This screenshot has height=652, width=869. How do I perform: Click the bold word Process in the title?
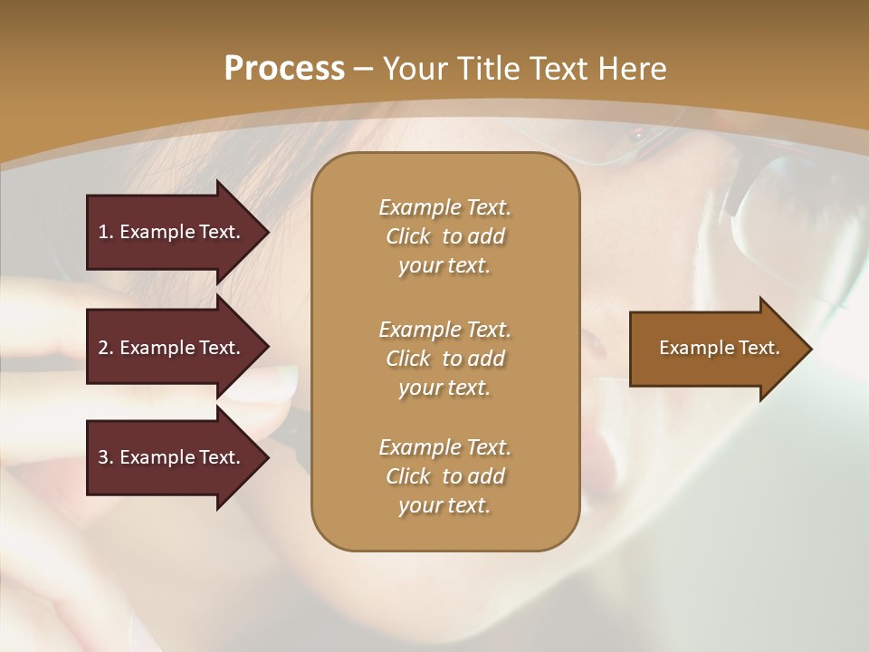(284, 69)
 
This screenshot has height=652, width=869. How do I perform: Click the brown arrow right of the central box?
(715, 349)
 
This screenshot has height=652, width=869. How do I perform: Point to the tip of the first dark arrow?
(267, 232)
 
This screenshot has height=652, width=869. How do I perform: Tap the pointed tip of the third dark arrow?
(267, 457)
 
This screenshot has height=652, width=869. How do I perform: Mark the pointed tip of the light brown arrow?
(810, 349)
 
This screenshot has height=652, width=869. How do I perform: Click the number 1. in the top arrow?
(105, 232)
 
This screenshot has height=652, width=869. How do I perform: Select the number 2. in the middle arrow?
(105, 348)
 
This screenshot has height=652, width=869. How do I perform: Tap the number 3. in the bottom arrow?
(105, 457)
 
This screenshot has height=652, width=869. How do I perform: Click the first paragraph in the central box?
(444, 236)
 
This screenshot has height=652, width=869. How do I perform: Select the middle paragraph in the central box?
(444, 359)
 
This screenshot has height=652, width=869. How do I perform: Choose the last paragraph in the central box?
(444, 476)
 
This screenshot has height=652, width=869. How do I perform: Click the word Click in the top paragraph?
(408, 236)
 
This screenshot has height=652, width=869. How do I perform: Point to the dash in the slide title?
(363, 69)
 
